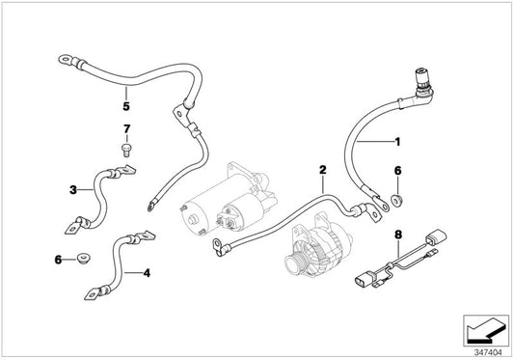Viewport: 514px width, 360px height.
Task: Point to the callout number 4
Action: (147, 273)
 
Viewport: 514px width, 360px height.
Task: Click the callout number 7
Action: (125, 127)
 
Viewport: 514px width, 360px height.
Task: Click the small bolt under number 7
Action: (124, 150)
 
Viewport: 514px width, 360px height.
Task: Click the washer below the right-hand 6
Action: (397, 201)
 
